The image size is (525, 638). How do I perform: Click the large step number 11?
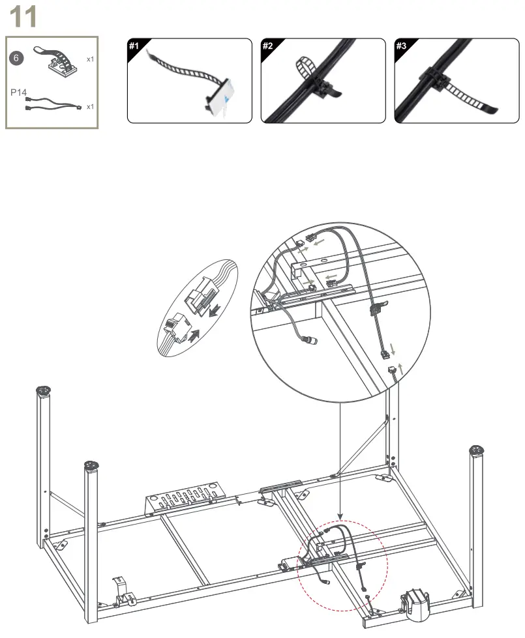[x=23, y=17]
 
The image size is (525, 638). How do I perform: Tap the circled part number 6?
[x=16, y=58]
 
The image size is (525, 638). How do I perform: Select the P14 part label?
[x=18, y=93]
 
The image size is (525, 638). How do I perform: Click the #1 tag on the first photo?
[x=134, y=46]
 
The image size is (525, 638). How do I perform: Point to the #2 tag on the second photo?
[x=267, y=46]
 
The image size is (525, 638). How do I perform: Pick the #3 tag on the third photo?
[x=401, y=46]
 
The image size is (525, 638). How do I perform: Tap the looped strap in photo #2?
[x=305, y=68]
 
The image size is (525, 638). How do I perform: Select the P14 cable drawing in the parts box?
[x=53, y=104]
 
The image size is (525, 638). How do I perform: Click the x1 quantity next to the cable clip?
[x=90, y=59]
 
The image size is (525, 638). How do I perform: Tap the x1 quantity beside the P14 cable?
[x=90, y=107]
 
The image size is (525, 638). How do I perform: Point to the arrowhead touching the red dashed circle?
[x=340, y=517]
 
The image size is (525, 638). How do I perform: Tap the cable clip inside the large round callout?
[x=377, y=308]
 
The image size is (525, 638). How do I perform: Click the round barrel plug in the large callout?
[x=311, y=340]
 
